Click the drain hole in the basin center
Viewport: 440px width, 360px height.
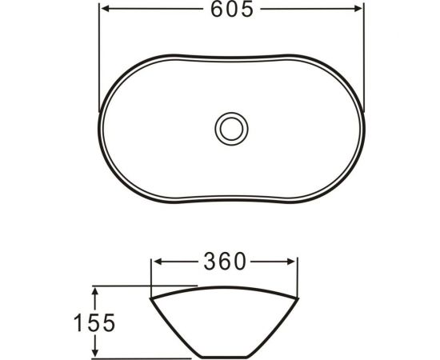click(232, 126)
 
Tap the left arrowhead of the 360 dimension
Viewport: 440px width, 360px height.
click(157, 262)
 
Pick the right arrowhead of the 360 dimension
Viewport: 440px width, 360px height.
click(294, 262)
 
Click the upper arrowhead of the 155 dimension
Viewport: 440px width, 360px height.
click(96, 290)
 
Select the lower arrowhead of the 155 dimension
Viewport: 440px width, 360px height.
click(96, 353)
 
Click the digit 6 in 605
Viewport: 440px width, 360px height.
click(216, 10)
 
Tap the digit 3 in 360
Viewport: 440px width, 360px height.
click(210, 262)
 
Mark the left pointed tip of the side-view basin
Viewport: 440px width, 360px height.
click(150, 301)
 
